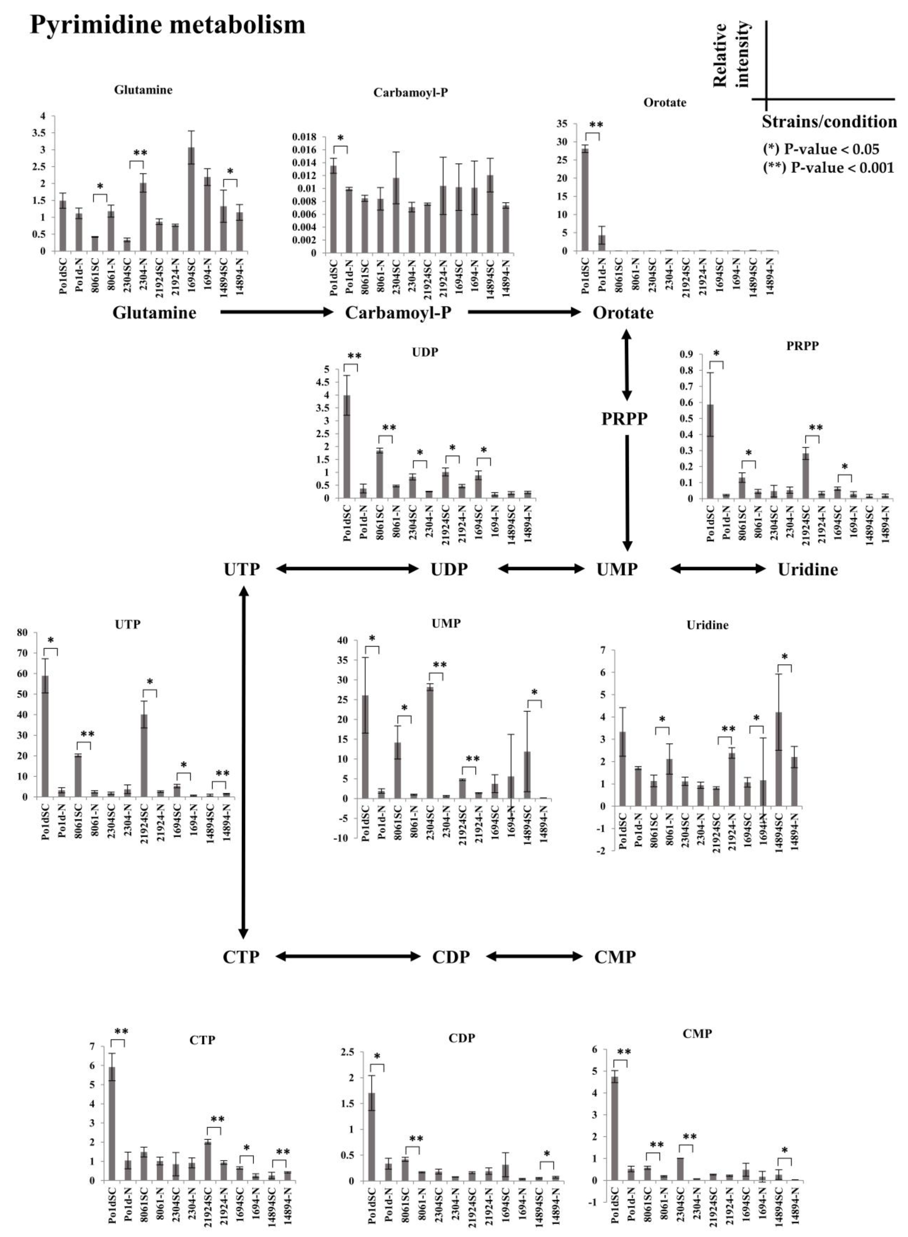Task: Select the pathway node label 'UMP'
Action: pos(617,569)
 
